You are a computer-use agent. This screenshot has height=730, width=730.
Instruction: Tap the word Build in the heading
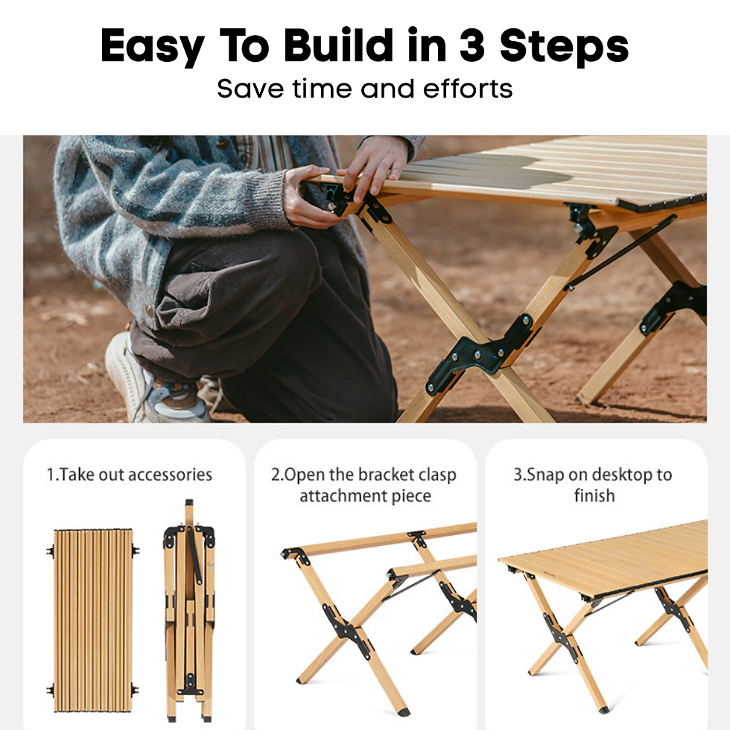point(348,46)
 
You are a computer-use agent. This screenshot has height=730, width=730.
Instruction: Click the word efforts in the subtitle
point(468,89)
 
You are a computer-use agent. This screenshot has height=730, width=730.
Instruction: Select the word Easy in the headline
point(152,46)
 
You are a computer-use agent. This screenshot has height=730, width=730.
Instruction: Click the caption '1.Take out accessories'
point(130,475)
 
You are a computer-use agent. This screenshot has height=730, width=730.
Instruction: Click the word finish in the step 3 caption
point(594,495)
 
